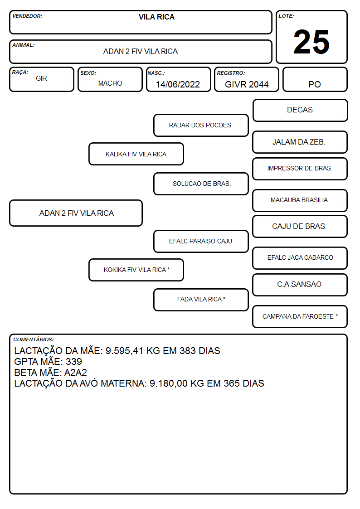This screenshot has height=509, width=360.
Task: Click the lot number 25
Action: pos(311,42)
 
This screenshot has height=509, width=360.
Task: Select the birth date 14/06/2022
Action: pos(178,84)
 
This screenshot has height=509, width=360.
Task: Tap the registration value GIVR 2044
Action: pos(247,84)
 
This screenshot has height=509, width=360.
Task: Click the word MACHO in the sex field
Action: pos(110,83)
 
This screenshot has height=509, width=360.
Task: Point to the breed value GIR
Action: pos(42,78)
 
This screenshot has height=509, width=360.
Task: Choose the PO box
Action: pos(315,79)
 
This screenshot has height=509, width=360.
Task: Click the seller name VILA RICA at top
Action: pos(156,17)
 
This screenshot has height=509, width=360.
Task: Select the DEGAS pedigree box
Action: pos(300,111)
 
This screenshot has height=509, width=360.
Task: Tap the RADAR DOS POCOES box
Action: pos(201,125)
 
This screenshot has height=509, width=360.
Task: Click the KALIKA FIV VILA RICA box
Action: pos(136,154)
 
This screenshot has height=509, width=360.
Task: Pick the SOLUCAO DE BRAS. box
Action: pos(201,184)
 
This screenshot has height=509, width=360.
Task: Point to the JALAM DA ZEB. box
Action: pos(300,142)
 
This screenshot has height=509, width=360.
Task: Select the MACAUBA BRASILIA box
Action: pos(300,200)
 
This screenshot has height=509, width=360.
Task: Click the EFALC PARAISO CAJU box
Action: pos(201,241)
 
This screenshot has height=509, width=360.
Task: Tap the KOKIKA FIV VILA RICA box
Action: pos(136,270)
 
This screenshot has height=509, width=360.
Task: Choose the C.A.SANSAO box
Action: pos(300,285)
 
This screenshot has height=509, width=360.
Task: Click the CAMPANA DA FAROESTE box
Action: pos(300,316)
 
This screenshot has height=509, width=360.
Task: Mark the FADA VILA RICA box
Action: pos(201,300)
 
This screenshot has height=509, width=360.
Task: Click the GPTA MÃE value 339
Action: pos(74,362)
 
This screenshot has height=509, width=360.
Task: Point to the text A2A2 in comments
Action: pos(76,372)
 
